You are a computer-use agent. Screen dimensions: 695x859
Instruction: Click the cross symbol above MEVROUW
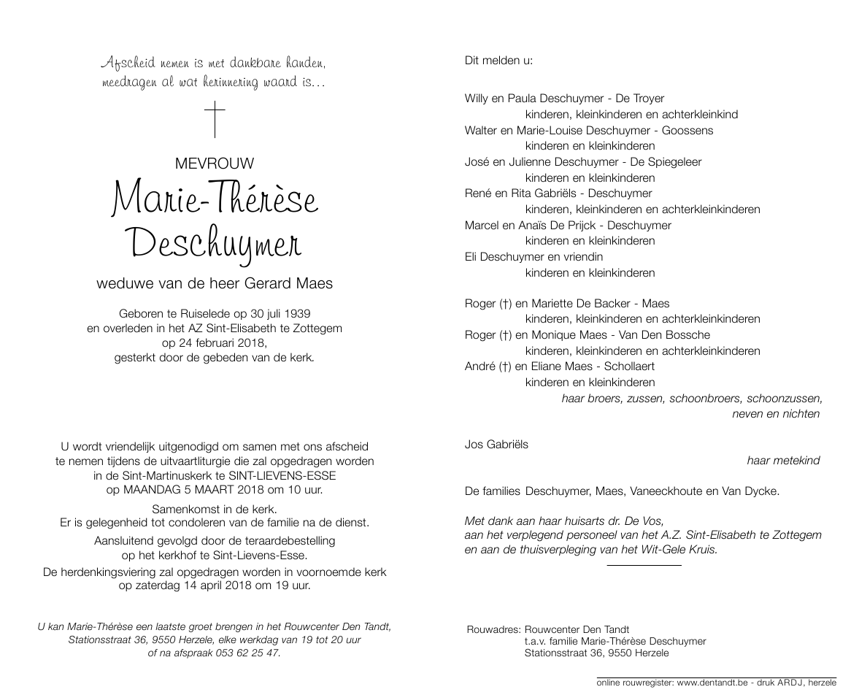[x=215, y=120]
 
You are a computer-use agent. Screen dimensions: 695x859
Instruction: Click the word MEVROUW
[x=215, y=164]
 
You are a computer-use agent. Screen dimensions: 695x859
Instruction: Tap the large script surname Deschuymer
[x=215, y=242]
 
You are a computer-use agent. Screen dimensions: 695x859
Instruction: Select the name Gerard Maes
[x=291, y=283]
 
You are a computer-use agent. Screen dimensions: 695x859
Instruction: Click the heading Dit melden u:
[x=498, y=60]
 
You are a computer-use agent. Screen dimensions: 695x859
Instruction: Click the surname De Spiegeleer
[x=666, y=162]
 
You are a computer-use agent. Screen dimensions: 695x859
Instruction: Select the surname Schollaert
[x=625, y=366]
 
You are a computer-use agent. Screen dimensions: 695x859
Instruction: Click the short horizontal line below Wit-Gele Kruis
[x=644, y=564]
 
